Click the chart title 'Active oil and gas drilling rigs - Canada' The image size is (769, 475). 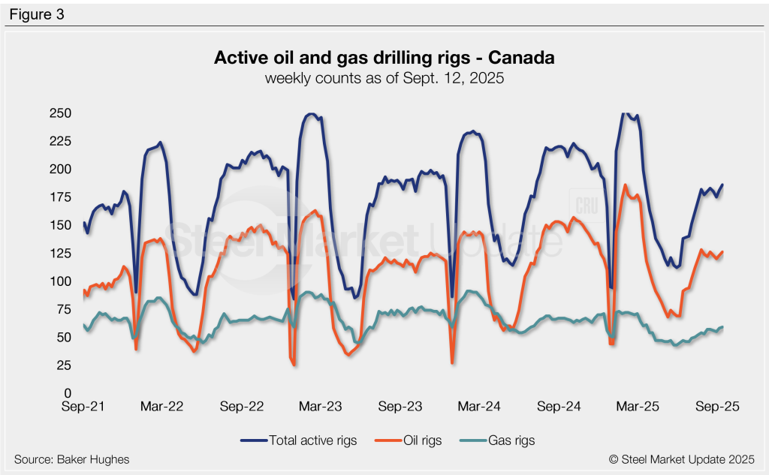pos(384,58)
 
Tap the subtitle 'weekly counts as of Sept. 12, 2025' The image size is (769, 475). pos(384,77)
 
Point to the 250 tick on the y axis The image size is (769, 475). pos(60,113)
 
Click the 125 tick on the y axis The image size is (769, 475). pos(60,254)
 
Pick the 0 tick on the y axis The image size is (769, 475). pos(67,393)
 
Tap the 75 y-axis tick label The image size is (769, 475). pos(63,309)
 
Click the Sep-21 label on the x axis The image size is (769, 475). pos(83,407)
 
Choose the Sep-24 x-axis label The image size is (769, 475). pos(560,407)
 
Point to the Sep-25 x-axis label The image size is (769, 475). pos(718,407)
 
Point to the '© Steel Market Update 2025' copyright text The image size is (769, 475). pos(681,459)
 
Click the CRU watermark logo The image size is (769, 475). pos(585,206)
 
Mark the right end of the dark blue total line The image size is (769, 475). pos(722,185)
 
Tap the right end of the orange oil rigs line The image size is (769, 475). pos(722,252)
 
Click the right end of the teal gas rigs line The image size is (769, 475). pos(722,327)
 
